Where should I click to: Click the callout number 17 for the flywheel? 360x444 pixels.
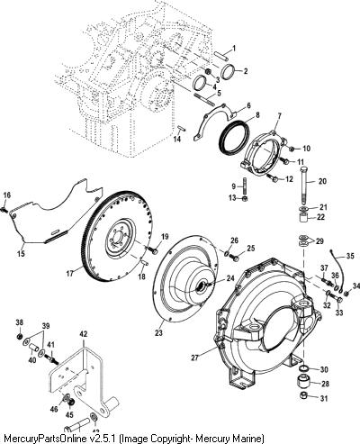point(69,274)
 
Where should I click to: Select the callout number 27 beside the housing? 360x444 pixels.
point(194,358)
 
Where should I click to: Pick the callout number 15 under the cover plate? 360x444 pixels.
point(21,254)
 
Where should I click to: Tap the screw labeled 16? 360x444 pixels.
point(4,209)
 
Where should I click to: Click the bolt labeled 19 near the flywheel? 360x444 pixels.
point(153,250)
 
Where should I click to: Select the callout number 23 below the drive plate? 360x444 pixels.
point(158,332)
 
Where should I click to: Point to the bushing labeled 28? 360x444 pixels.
point(303,382)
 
